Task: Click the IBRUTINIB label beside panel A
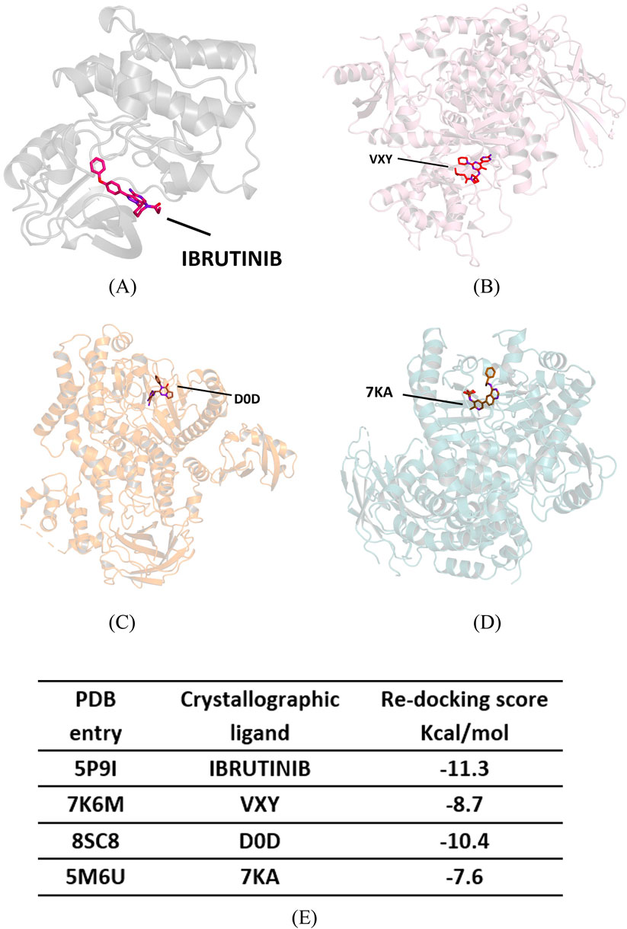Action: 232,258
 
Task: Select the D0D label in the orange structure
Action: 248,394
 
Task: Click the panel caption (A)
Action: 123,288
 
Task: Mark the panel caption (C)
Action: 123,623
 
